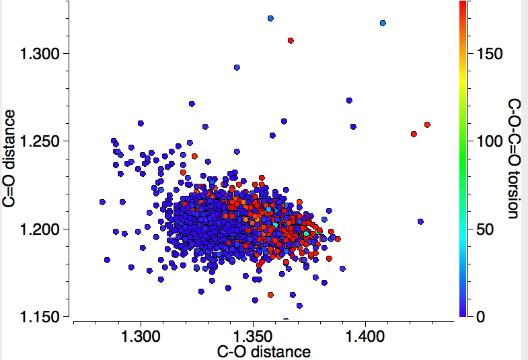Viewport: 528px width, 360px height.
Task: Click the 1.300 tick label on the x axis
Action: click(x=141, y=334)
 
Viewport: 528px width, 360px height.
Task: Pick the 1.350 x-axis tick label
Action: click(x=253, y=334)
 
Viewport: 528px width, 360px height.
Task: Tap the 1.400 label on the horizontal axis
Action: click(x=365, y=334)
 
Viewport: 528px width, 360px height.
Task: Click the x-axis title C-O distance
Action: click(x=264, y=351)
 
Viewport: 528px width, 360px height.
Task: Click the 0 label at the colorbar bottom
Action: click(x=480, y=316)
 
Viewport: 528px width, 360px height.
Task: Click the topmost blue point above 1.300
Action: click(x=270, y=18)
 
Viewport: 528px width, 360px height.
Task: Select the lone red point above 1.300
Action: click(x=291, y=40)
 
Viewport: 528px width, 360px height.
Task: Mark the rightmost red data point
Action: click(x=427, y=124)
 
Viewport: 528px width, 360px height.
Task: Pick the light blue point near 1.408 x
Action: click(x=383, y=23)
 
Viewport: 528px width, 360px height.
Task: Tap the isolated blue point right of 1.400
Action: click(x=420, y=221)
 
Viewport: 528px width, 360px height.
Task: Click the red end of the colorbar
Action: click(x=463, y=5)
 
